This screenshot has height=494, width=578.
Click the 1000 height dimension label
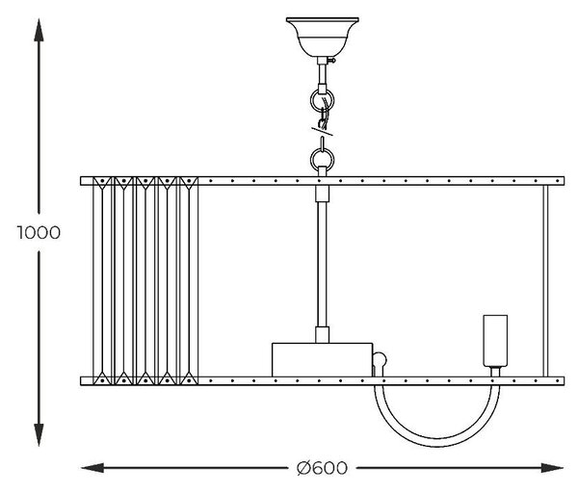coord(39,233)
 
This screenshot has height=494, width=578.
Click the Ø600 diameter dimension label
coord(322,468)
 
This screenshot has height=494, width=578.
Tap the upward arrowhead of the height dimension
coord(39,30)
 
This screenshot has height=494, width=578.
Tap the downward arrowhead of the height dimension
coord(39,434)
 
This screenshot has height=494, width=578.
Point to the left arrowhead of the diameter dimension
coord(92,468)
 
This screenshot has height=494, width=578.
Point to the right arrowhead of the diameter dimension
coord(552,468)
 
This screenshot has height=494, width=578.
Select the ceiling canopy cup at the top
coord(322,37)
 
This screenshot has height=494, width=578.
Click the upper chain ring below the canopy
coord(322,100)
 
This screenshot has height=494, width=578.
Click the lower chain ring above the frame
coord(322,160)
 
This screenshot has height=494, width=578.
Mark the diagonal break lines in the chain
coord(322,131)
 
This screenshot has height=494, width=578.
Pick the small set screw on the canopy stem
coord(332,60)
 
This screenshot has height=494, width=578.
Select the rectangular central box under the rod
coord(322,360)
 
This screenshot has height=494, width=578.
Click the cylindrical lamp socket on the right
coord(495,341)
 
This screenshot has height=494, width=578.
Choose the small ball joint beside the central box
coord(380,359)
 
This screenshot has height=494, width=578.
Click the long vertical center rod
coord(322,264)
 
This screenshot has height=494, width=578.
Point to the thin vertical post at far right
coord(545,281)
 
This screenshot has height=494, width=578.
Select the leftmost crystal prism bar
coord(102,281)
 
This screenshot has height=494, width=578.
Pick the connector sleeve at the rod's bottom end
coord(322,335)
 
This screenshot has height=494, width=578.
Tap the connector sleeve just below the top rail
coord(322,194)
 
